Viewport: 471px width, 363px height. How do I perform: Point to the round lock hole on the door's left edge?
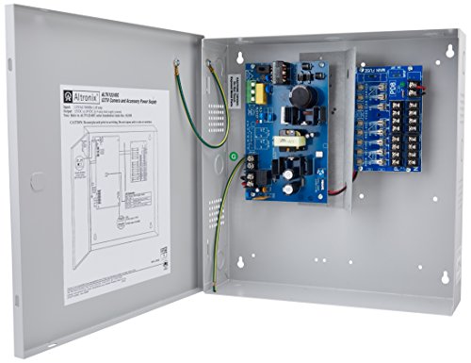click(35, 176)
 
